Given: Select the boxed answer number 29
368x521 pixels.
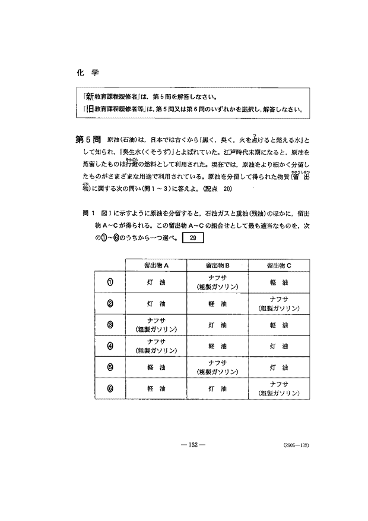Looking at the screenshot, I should pyautogui.click(x=193, y=238).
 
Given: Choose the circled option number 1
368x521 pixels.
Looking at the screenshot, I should pyautogui.click(x=110, y=283).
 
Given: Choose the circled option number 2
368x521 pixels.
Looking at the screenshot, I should pyautogui.click(x=110, y=304).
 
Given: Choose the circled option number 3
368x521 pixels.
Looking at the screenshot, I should pyautogui.click(x=110, y=325).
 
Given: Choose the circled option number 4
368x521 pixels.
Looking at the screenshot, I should pyautogui.click(x=110, y=346).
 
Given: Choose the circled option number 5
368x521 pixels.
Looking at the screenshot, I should pyautogui.click(x=110, y=367).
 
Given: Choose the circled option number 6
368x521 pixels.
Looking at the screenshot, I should pyautogui.click(x=110, y=388).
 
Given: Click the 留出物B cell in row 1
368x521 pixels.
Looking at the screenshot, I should pyautogui.click(x=217, y=283).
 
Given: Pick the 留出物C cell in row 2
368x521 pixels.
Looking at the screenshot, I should pyautogui.click(x=278, y=304).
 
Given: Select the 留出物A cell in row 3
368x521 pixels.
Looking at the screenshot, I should pyautogui.click(x=156, y=325).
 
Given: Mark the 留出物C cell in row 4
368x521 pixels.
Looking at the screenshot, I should pyautogui.click(x=278, y=346).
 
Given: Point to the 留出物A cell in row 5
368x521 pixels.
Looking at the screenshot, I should pyautogui.click(x=156, y=367).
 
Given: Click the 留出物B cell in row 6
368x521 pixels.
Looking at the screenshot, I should pyautogui.click(x=217, y=388).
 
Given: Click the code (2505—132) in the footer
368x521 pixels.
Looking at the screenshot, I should pyautogui.click(x=297, y=445).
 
